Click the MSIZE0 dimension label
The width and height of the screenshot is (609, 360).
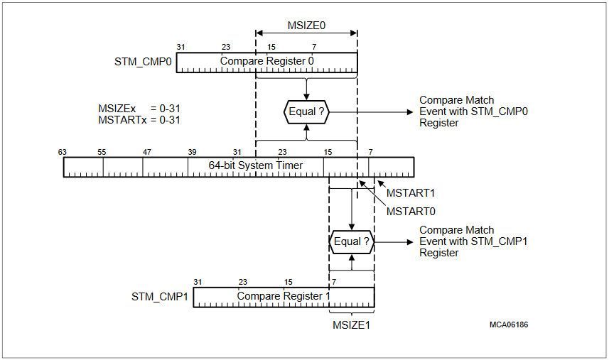306,24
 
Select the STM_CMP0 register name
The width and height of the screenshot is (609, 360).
143,62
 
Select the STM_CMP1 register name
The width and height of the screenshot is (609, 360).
160,296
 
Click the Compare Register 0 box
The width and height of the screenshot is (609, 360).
266,62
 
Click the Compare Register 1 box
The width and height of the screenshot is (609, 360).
284,296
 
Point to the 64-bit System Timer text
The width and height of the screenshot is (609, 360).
256,165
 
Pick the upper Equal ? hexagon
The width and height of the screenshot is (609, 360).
307,111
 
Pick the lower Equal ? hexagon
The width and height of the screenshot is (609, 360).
352,241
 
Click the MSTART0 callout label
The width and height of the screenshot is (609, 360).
411,211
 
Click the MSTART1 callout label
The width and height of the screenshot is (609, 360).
411,193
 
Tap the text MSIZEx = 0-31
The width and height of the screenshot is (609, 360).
139,109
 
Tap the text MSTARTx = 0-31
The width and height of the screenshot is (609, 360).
139,120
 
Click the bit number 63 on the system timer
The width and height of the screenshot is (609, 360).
63,152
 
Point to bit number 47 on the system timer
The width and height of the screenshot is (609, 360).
147,152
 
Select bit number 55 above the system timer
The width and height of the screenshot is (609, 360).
102,152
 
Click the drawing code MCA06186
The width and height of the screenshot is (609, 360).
508,324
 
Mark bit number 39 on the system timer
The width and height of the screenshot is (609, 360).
192,152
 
